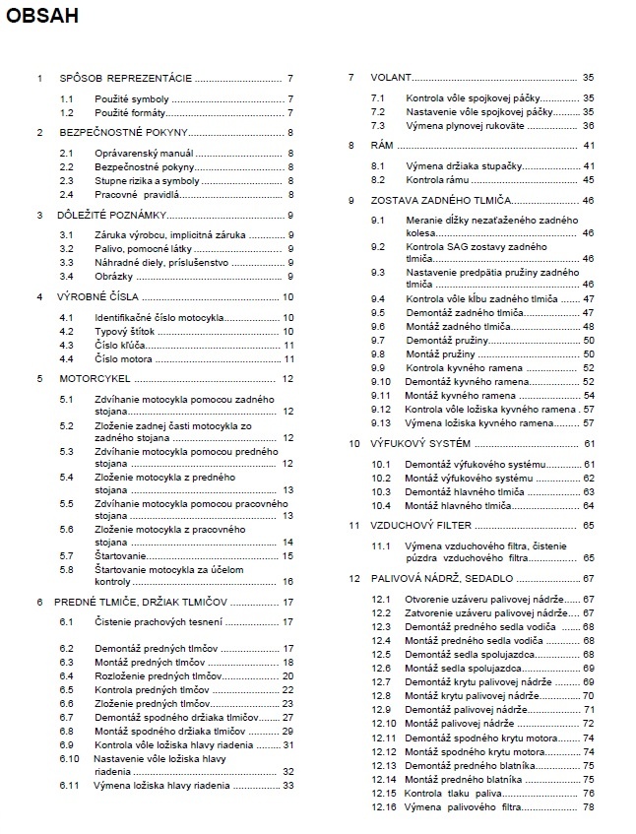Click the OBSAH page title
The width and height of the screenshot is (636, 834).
tap(42, 17)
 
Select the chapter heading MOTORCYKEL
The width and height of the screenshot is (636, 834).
tap(95, 378)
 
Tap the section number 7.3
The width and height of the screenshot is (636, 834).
tap(378, 125)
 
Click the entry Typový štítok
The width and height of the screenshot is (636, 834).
tap(125, 332)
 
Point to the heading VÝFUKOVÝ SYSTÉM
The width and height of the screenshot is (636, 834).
tap(421, 443)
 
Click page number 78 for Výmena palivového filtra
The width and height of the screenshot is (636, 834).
tap(589, 807)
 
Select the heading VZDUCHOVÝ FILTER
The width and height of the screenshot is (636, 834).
tap(423, 526)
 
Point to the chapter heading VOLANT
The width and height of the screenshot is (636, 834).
tap(390, 77)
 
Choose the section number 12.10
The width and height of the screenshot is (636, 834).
tap(383, 724)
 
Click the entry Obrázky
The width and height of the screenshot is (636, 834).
tap(112, 276)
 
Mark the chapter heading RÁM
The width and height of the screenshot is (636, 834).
tap(382, 145)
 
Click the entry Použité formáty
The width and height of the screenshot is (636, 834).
tap(130, 113)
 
